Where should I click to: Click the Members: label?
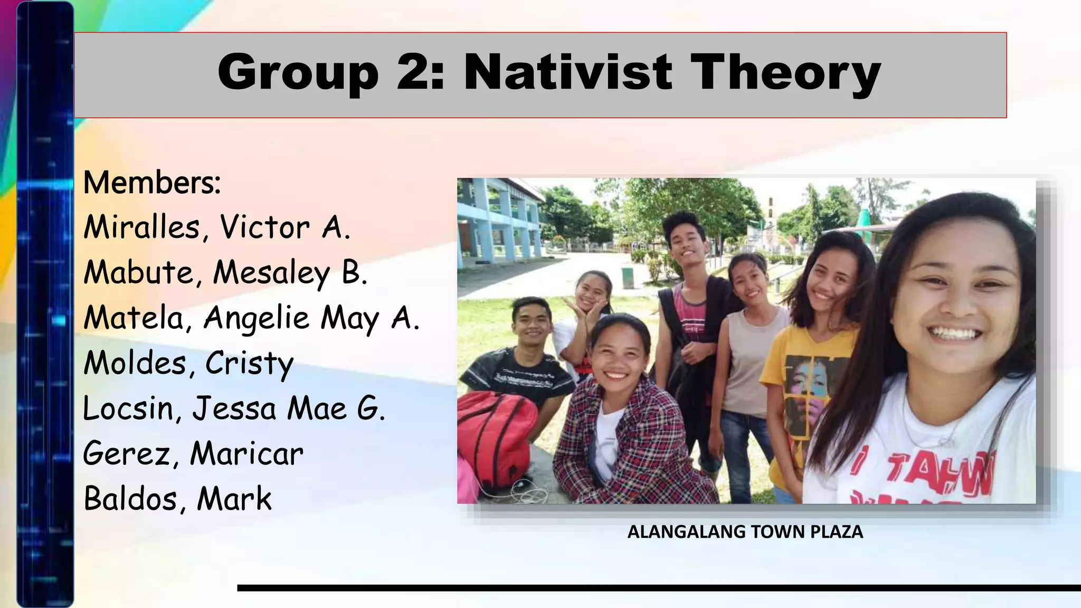coord(152,183)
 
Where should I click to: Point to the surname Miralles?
coord(141,228)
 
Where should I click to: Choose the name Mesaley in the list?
coord(271,273)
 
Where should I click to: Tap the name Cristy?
coord(249,364)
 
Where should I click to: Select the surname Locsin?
coord(127,409)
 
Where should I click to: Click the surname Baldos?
coord(130,499)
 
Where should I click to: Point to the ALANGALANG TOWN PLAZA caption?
coord(745,532)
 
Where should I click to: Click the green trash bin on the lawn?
coord(627,278)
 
